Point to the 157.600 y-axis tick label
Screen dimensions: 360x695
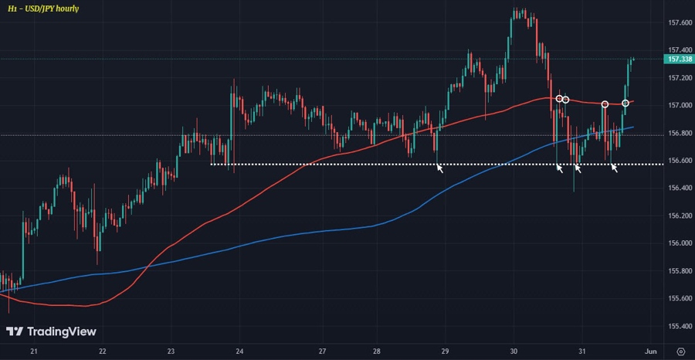tap(679, 22)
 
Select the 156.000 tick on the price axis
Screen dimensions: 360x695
tap(679, 243)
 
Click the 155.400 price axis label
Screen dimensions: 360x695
tap(679, 326)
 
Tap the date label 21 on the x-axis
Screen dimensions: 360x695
tap(33, 351)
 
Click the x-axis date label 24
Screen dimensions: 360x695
tap(239, 351)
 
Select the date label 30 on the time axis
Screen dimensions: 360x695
tap(514, 351)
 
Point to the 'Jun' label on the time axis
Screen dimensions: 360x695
tap(650, 351)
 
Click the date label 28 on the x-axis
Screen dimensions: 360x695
tap(377, 351)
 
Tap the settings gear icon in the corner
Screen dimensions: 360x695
tap(680, 351)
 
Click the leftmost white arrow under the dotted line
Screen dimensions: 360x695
tap(440, 168)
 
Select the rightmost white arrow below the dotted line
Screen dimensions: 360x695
tap(615, 168)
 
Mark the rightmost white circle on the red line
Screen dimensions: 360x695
tap(625, 103)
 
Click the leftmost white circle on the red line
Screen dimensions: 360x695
tap(558, 98)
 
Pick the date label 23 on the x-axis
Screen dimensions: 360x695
tap(171, 351)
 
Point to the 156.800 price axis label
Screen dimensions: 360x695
tap(679, 133)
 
